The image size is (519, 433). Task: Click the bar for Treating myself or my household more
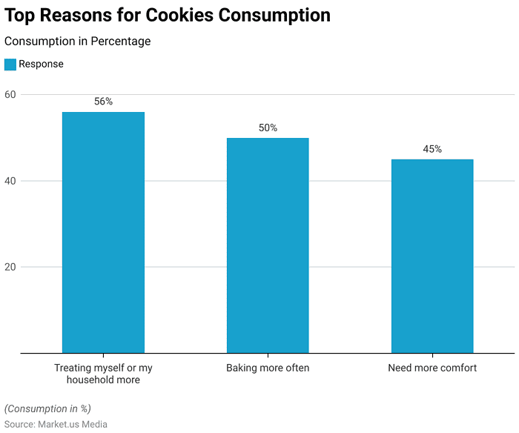point(103,232)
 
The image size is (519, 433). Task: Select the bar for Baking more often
point(268,245)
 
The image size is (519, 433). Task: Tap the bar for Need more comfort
point(432,256)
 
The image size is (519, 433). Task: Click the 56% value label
point(103,102)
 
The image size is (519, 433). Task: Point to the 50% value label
point(268,128)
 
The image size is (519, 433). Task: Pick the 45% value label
point(432,149)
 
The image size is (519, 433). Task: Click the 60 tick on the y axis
point(10,95)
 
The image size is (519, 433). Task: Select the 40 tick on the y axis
point(10,181)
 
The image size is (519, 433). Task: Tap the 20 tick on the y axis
point(10,267)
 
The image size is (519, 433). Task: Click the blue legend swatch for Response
point(10,65)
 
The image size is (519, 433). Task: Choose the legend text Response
point(42,65)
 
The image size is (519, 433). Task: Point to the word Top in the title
point(22,15)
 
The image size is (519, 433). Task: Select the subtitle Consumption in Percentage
point(77,42)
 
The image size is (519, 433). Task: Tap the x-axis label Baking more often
point(268,368)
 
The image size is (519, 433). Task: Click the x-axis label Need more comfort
point(432,368)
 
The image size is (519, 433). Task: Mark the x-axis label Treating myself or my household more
point(103,374)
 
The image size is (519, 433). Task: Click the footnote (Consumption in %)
point(47,409)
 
